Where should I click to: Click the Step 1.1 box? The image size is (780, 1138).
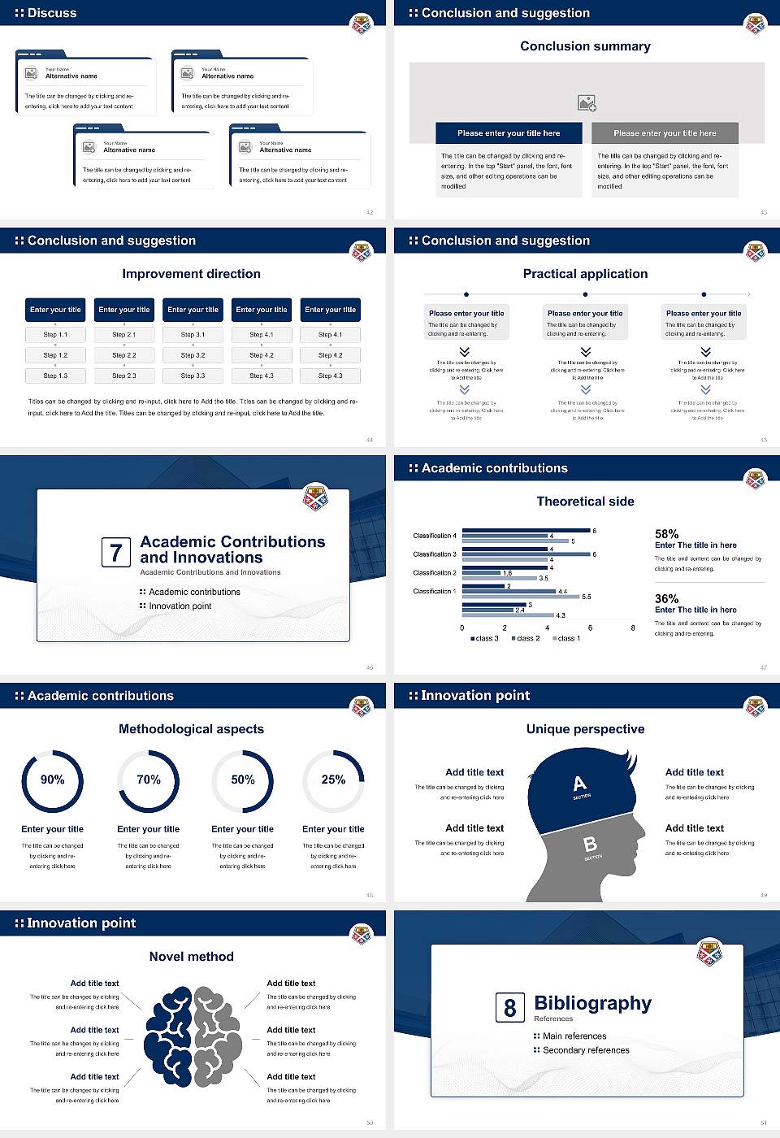[55, 334]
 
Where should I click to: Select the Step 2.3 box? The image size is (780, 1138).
[123, 376]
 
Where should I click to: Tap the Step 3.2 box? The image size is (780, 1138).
[193, 355]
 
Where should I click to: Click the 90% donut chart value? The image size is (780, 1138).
[53, 780]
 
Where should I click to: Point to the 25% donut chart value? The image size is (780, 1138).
[333, 780]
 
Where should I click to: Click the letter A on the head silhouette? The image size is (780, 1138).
[579, 784]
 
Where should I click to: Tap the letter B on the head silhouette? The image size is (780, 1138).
[591, 845]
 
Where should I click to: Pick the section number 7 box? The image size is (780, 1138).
[115, 553]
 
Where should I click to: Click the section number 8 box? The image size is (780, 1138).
[509, 1008]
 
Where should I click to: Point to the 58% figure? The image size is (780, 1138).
[666, 534]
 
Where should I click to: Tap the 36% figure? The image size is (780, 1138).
[666, 598]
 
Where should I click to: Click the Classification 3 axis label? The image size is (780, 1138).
[435, 554]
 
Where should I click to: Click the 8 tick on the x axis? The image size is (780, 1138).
[633, 628]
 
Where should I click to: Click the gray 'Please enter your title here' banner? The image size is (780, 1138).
[665, 133]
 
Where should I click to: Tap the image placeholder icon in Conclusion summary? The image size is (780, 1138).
[587, 102]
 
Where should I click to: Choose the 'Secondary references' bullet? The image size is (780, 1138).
[585, 1050]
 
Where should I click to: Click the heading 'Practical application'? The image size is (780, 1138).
[585, 274]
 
